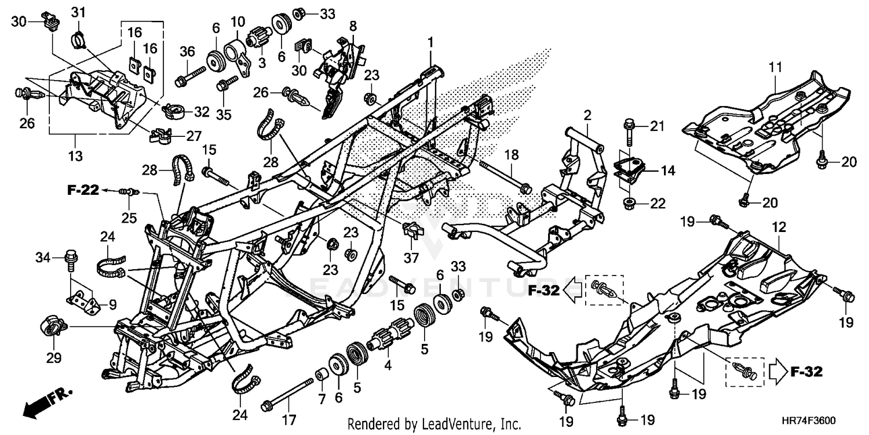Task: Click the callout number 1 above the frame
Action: coord(430,42)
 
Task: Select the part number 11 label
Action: coord(776,67)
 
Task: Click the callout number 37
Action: coord(412,257)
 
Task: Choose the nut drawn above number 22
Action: coord(629,203)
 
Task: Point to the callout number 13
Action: coord(76,155)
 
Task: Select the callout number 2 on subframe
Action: coord(587,115)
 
